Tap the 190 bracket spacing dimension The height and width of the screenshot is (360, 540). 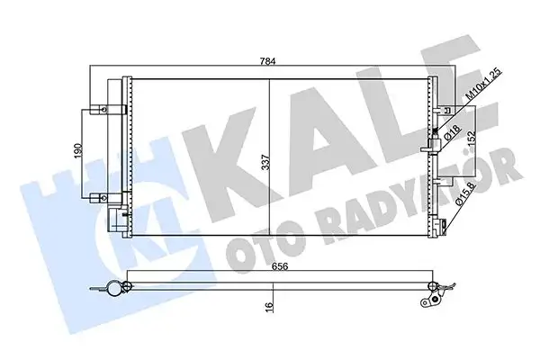tap(80, 151)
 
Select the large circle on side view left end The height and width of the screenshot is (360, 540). tap(112, 290)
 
